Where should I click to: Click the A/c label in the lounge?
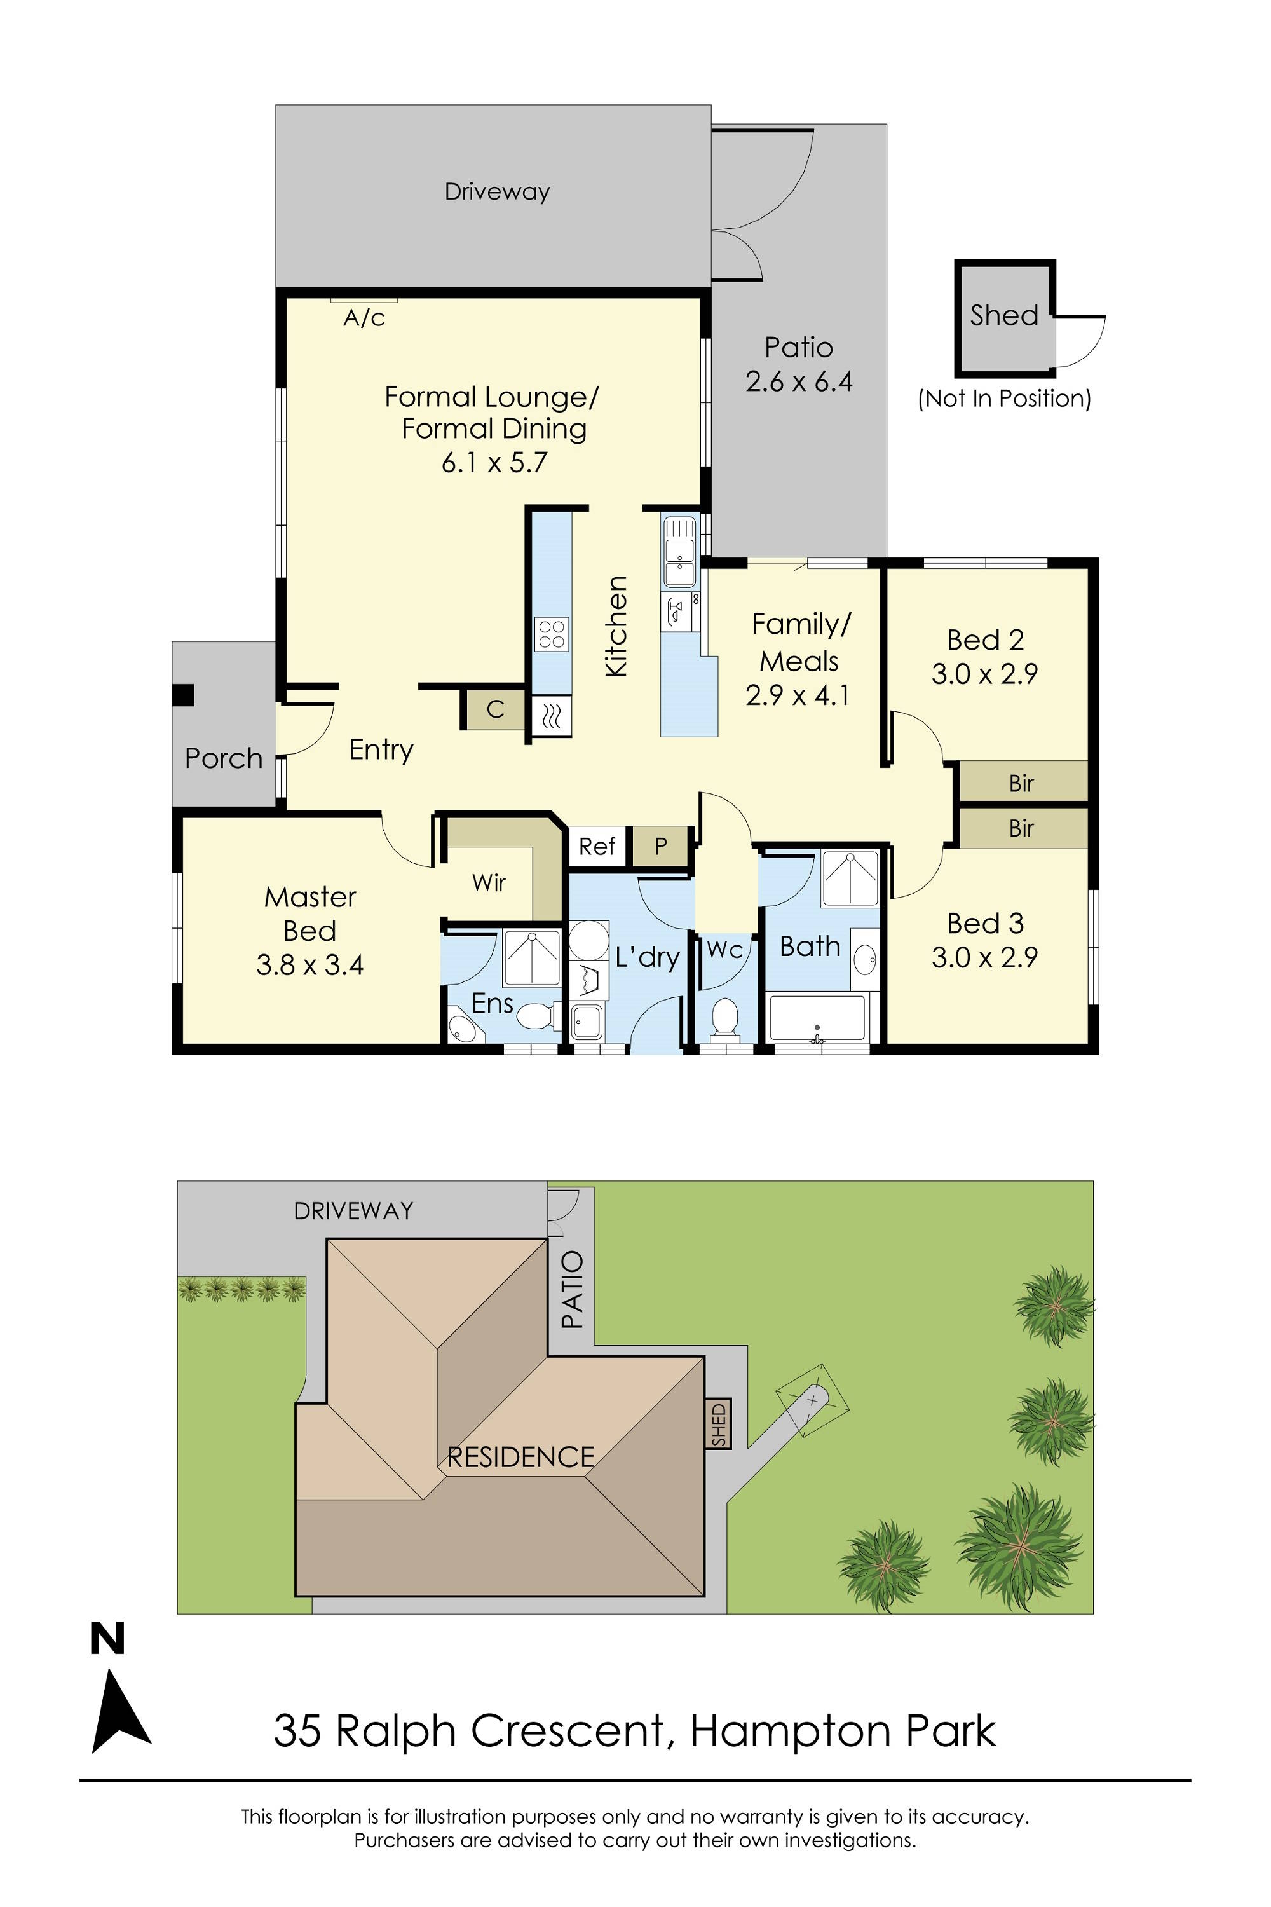[x=364, y=318]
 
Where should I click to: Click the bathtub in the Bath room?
[x=817, y=1018]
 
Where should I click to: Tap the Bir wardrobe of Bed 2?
[x=1022, y=783]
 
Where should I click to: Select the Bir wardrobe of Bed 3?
[x=1022, y=828]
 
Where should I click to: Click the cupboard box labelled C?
[x=495, y=709]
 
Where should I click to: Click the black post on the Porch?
[x=183, y=695]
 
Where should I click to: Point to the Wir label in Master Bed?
[x=489, y=883]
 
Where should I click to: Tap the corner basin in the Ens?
[x=464, y=1028]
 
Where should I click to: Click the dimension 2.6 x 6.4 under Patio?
[x=798, y=381]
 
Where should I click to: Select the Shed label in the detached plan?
[x=1003, y=315]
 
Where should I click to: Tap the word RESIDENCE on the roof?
[x=520, y=1457]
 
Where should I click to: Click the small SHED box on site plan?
[x=719, y=1424]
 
